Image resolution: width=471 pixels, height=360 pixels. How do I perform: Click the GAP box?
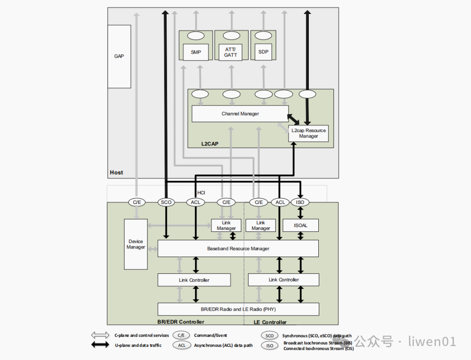119,57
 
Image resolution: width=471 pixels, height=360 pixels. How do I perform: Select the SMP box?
196,52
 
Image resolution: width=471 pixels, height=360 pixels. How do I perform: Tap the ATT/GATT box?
230,52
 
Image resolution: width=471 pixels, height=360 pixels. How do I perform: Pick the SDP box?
263,52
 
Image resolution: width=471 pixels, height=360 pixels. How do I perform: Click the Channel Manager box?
240,114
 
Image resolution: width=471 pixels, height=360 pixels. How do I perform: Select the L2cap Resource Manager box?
308,133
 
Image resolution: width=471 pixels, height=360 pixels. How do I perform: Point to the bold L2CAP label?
210,144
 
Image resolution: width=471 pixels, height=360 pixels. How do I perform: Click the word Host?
116,172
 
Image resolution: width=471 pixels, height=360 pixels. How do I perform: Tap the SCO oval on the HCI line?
166,202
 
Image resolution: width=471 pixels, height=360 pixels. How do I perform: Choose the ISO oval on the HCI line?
300,202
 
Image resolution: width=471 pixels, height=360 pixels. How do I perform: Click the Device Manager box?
136,244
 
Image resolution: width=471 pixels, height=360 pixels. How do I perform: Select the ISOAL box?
300,225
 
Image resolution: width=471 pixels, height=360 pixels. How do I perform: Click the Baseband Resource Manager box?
238,248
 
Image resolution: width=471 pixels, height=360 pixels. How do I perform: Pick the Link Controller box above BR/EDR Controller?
194,280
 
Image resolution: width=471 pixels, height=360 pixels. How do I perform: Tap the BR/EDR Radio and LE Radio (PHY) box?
238,309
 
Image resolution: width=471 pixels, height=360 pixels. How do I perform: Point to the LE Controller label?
270,322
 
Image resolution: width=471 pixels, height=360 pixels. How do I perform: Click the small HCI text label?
201,193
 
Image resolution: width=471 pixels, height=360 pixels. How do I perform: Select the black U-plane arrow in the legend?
100,345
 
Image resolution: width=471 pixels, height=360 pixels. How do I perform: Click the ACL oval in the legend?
182,345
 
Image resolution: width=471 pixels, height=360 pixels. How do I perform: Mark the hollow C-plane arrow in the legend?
100,335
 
